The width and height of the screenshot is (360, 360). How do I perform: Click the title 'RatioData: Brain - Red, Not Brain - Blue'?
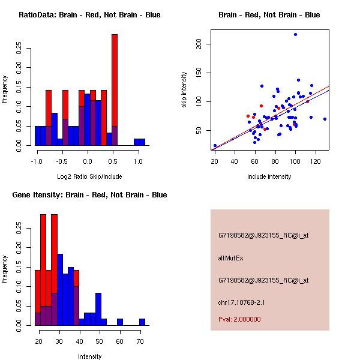point(89,15)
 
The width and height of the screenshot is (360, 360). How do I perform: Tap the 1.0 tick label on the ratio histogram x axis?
point(138,161)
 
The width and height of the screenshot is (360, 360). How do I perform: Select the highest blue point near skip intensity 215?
point(295,35)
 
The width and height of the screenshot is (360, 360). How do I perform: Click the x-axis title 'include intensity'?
point(269,176)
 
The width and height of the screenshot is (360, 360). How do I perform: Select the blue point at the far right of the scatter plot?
point(325,119)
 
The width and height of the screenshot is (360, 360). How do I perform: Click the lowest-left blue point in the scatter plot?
point(215,146)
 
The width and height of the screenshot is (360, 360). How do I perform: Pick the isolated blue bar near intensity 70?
point(142,322)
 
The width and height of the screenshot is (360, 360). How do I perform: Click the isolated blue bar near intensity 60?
point(120,322)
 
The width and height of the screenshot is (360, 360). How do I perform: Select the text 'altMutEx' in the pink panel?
point(231,258)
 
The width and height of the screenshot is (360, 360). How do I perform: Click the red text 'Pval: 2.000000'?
point(239,319)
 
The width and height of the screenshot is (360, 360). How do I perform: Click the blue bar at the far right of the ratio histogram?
point(140,142)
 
